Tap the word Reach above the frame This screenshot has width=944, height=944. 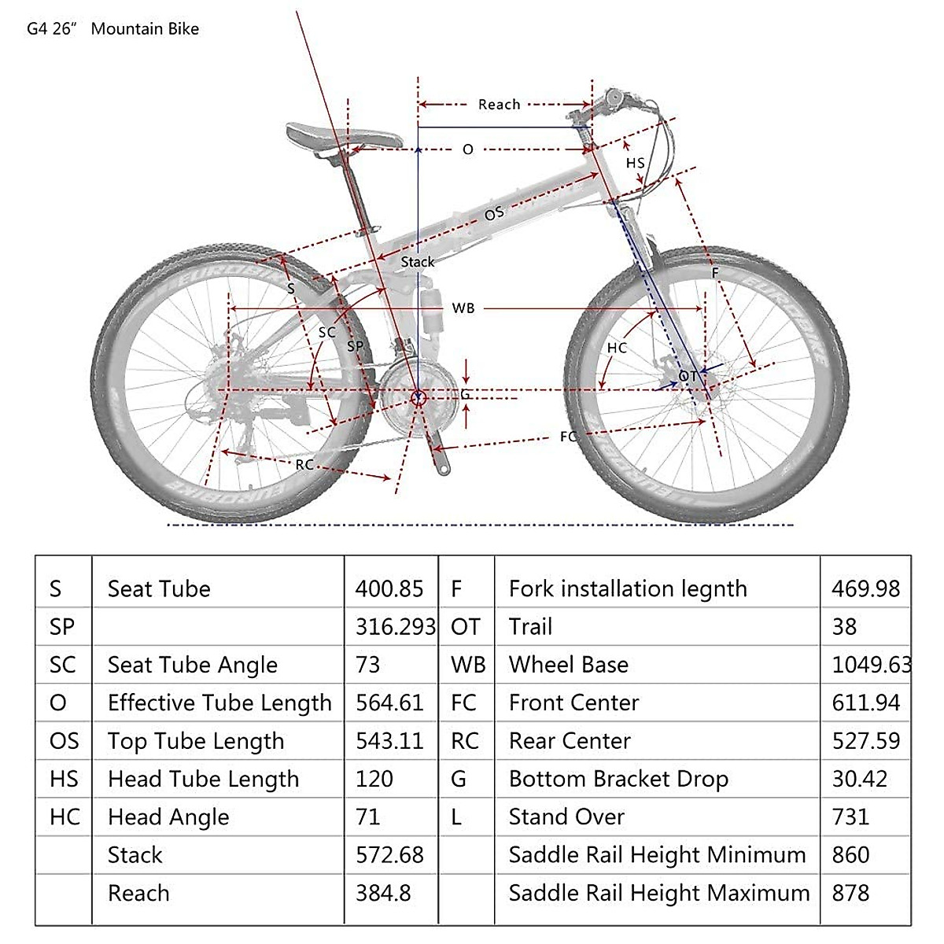pos(499,105)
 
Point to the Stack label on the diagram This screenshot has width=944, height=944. pos(417,262)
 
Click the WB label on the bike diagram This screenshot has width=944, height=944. pos(463,308)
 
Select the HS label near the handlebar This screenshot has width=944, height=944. pos(635,164)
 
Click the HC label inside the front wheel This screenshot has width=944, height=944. pos(617,348)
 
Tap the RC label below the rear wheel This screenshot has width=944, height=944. pos(304,465)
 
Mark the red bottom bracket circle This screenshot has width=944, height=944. pos(418,397)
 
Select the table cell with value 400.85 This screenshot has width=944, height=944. pos(389,588)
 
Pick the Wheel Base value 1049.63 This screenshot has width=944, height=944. pos(871,665)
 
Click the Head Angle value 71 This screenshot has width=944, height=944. pos(368,817)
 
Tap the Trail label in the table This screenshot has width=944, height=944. pos(530,627)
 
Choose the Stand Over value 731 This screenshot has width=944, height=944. pos(850,817)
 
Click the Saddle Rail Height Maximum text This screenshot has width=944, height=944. pos(658,893)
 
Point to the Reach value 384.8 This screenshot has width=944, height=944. pos(383,893)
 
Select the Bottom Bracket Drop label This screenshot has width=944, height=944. pos(618,779)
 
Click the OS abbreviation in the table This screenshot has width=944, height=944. pos(64,741)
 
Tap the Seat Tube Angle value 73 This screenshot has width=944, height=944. pos(368,665)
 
